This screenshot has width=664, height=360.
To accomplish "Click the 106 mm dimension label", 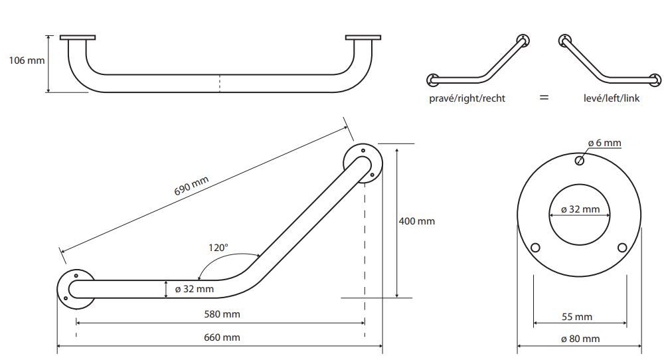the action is (27, 60).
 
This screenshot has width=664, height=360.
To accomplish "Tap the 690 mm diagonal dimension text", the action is (191, 185).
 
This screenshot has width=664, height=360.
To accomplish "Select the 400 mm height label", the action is (417, 221).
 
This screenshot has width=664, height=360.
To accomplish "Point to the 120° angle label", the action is (218, 247).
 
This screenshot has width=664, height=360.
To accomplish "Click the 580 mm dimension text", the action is (222, 314).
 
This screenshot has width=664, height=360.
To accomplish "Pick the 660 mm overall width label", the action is (222, 337).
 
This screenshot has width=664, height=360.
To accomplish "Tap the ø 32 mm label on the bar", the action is (195, 290).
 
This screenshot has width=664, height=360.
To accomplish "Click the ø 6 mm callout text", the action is (605, 143).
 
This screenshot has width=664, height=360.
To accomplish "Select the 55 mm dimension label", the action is (577, 317).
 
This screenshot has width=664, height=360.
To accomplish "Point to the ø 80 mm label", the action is (580, 339).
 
